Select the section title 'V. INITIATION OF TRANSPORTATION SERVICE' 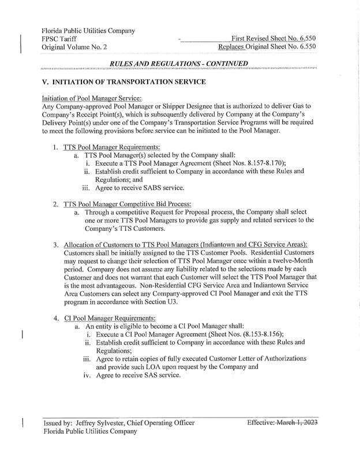coord(124,82)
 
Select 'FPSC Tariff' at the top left coord(61,38)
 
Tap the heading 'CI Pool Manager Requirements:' coord(108,318)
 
